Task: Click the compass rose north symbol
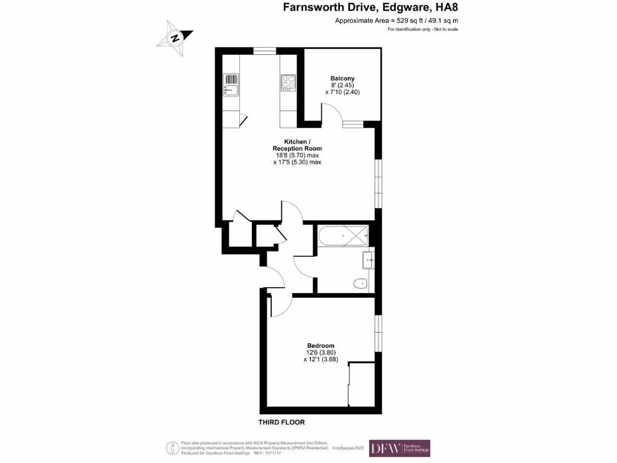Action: [x=175, y=37]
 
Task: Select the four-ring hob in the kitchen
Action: [x=287, y=83]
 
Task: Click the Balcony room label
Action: [x=342, y=78]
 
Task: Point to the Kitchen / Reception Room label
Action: [x=297, y=145]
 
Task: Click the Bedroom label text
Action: [x=319, y=345]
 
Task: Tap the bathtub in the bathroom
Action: [x=342, y=236]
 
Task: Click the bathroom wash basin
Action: [x=368, y=260]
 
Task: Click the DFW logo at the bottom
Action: [x=399, y=448]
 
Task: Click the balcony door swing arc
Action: [x=331, y=112]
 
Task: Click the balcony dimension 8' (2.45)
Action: [x=342, y=86]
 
